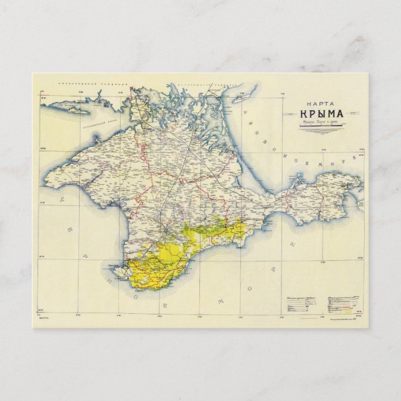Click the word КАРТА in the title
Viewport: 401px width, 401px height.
(x=316, y=104)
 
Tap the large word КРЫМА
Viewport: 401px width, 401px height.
(x=317, y=115)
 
